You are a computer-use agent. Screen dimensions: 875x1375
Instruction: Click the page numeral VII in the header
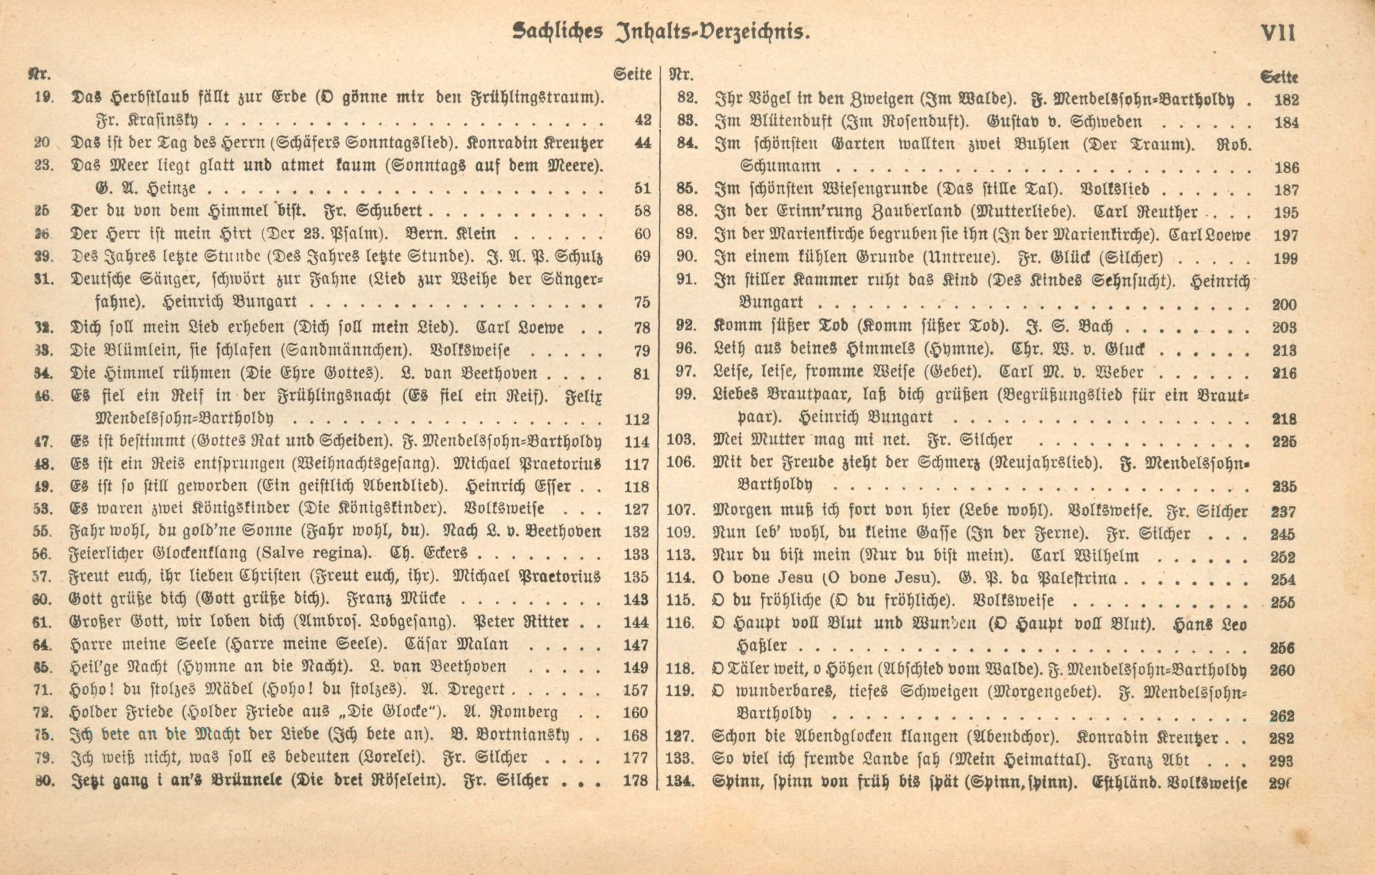[1277, 32]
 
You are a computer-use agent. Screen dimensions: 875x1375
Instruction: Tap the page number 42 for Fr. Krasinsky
[642, 120]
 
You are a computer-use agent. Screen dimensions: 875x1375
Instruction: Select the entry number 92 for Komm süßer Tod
[685, 326]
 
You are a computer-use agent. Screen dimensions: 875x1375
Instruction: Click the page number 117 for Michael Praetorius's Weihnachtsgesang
[636, 464]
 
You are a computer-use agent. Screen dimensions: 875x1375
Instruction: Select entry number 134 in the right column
[680, 781]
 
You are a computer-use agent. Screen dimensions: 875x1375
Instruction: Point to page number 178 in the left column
[636, 781]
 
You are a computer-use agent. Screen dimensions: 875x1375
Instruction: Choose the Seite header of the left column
[633, 74]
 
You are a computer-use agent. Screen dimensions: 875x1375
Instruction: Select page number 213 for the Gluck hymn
[1285, 350]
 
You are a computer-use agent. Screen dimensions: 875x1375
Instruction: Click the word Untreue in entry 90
[961, 258]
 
